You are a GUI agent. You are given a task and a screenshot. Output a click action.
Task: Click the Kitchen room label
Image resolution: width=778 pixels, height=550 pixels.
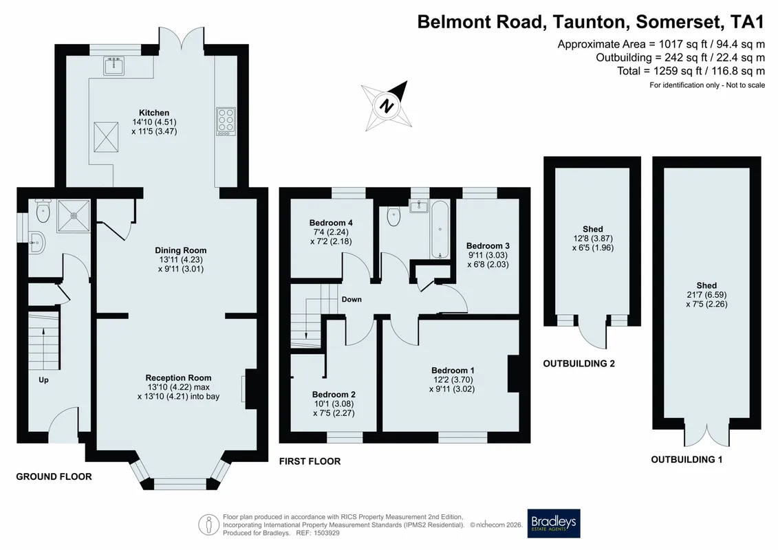[154, 113]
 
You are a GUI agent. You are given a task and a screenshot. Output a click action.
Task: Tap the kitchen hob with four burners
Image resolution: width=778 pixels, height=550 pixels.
[226, 121]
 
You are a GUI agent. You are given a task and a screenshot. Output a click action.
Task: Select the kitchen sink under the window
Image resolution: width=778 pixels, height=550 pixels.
[115, 66]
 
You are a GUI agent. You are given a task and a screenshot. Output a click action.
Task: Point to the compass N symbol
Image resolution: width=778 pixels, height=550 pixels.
[387, 106]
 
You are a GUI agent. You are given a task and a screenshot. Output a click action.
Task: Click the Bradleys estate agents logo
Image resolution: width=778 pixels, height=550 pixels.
[553, 523]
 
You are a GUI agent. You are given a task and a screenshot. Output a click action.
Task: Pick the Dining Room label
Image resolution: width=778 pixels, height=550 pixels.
[181, 250]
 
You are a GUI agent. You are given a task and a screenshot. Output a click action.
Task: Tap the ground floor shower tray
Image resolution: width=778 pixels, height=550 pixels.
[74, 216]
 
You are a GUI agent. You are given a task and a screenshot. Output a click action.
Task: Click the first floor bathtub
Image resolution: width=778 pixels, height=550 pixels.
[440, 230]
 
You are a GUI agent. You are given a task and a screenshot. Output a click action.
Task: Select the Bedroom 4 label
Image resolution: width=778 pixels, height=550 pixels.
[331, 223]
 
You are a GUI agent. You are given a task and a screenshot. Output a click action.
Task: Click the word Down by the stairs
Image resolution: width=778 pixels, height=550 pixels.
[352, 300]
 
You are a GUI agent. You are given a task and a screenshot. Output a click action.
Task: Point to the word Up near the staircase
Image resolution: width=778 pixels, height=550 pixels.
[43, 380]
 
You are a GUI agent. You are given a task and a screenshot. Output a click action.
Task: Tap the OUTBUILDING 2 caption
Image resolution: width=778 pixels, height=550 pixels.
[579, 364]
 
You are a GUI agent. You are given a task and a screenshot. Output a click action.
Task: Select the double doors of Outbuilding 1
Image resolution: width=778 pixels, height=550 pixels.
[707, 432]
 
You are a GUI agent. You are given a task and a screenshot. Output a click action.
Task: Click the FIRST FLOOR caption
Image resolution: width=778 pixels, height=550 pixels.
[310, 461]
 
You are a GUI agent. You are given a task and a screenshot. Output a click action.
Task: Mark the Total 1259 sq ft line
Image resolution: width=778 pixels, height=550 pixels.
[691, 71]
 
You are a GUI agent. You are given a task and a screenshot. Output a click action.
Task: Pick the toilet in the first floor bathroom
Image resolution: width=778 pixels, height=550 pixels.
[393, 217]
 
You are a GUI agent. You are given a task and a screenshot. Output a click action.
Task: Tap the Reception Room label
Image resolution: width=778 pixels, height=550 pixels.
[179, 378]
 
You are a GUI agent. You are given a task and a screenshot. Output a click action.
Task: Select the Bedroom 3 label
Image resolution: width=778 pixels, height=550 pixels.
[488, 246]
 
